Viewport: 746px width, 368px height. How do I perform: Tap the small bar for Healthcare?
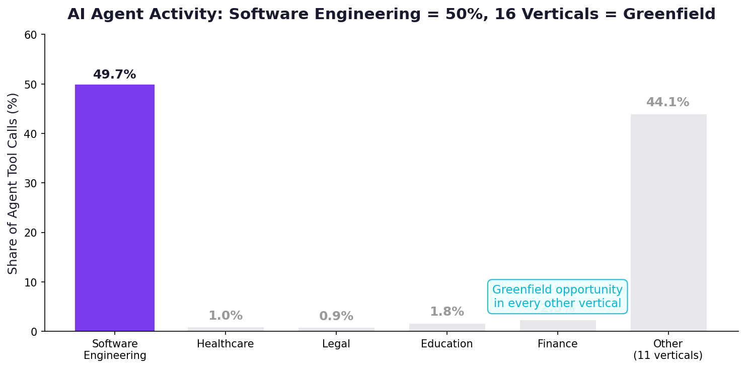point(226,329)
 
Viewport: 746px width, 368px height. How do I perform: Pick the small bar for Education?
point(447,327)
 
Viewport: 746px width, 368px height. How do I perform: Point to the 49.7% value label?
point(115,75)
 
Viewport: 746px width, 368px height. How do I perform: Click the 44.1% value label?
point(667,103)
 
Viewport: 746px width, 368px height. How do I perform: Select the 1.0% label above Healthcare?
point(226,316)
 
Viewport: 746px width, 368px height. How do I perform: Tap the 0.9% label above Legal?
point(336,317)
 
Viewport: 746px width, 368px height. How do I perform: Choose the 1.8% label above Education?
point(447,312)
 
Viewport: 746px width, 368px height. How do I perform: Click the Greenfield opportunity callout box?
point(557,297)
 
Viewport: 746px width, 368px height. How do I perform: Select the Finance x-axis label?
point(557,344)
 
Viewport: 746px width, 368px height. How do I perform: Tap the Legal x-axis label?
point(336,344)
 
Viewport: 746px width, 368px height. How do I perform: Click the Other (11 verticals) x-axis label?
point(668,350)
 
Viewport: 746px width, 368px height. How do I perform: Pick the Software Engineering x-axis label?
point(115,350)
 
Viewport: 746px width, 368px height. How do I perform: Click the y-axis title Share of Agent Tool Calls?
point(13,183)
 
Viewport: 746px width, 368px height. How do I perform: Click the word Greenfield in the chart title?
point(669,15)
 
